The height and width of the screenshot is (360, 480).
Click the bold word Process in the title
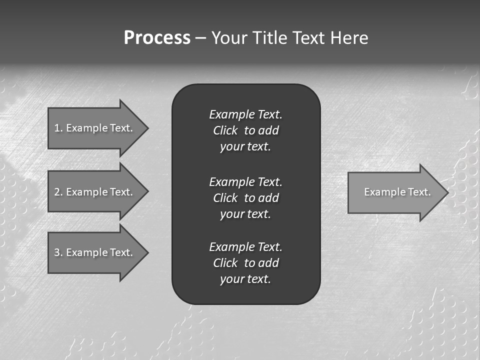tap(157, 38)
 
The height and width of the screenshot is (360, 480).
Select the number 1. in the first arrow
tap(58, 128)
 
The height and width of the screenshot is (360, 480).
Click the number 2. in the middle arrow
tap(58, 192)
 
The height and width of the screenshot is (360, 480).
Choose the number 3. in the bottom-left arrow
tap(58, 252)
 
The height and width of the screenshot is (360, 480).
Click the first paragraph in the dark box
tap(245, 130)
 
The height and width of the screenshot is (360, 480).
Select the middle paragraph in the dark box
tap(245, 197)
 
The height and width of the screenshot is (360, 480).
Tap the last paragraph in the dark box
tap(245, 263)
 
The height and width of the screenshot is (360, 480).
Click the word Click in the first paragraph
tap(225, 130)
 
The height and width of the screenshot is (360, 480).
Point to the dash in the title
tap(200, 38)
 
